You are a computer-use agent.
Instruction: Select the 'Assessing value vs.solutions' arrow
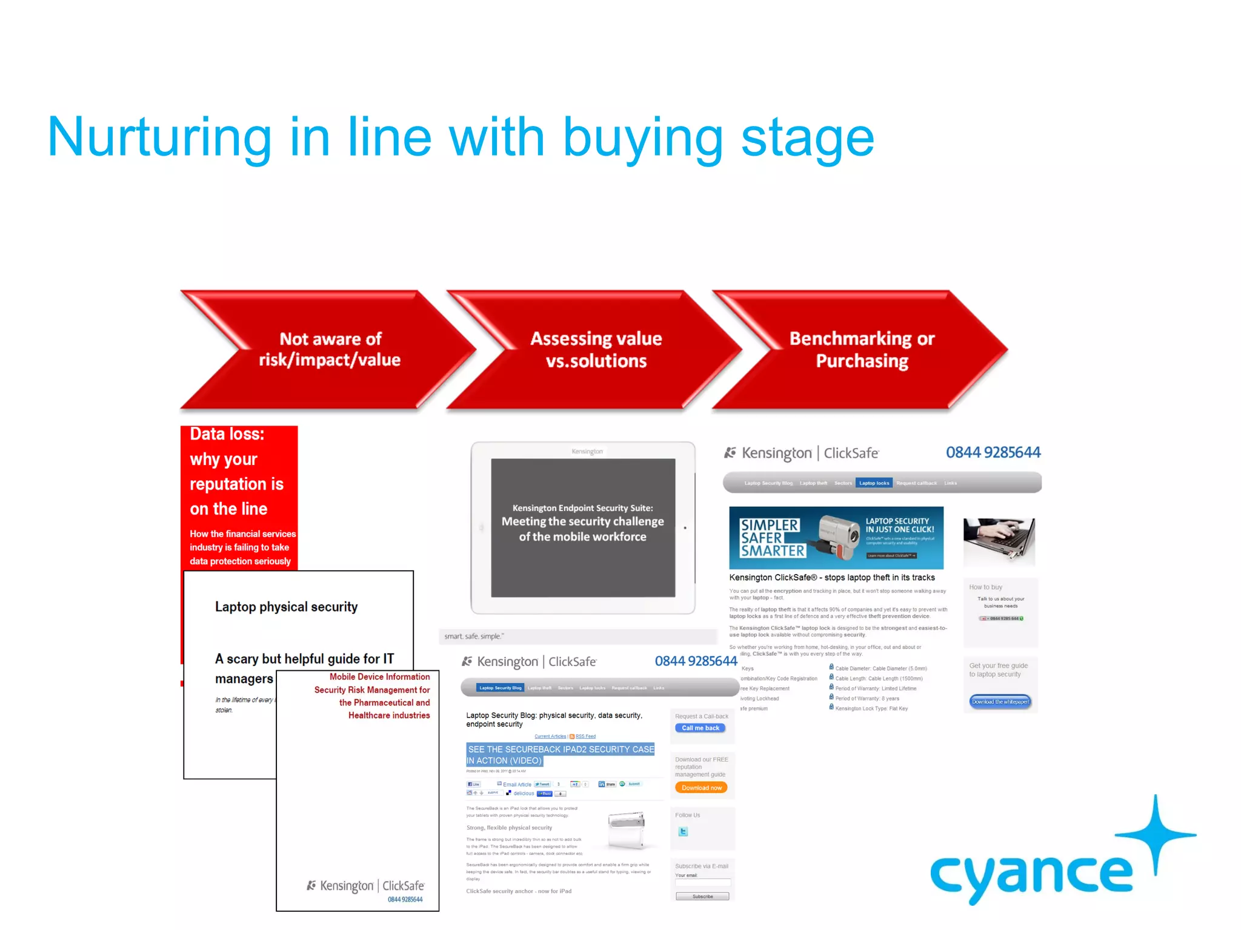(x=596, y=349)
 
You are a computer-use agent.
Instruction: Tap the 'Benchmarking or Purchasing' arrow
(x=862, y=349)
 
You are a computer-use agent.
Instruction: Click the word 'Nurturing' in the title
(x=159, y=138)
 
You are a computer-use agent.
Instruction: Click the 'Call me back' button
(x=700, y=728)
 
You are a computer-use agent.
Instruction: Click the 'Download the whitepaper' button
(x=1000, y=702)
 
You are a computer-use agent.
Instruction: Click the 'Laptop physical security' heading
(x=286, y=607)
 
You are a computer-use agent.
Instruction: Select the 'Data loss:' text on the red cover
(x=227, y=434)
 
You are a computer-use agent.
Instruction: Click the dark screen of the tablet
(x=582, y=527)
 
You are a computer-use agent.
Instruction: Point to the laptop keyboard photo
(x=999, y=541)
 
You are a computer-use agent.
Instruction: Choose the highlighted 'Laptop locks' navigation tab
(x=874, y=483)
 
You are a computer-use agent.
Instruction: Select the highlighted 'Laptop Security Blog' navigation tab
(x=500, y=688)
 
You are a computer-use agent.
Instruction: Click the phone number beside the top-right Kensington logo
(x=993, y=452)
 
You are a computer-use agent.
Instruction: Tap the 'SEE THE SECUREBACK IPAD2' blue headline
(x=561, y=754)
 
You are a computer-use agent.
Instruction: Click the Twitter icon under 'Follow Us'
(x=683, y=832)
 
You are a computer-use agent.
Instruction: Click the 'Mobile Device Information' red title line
(x=379, y=677)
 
